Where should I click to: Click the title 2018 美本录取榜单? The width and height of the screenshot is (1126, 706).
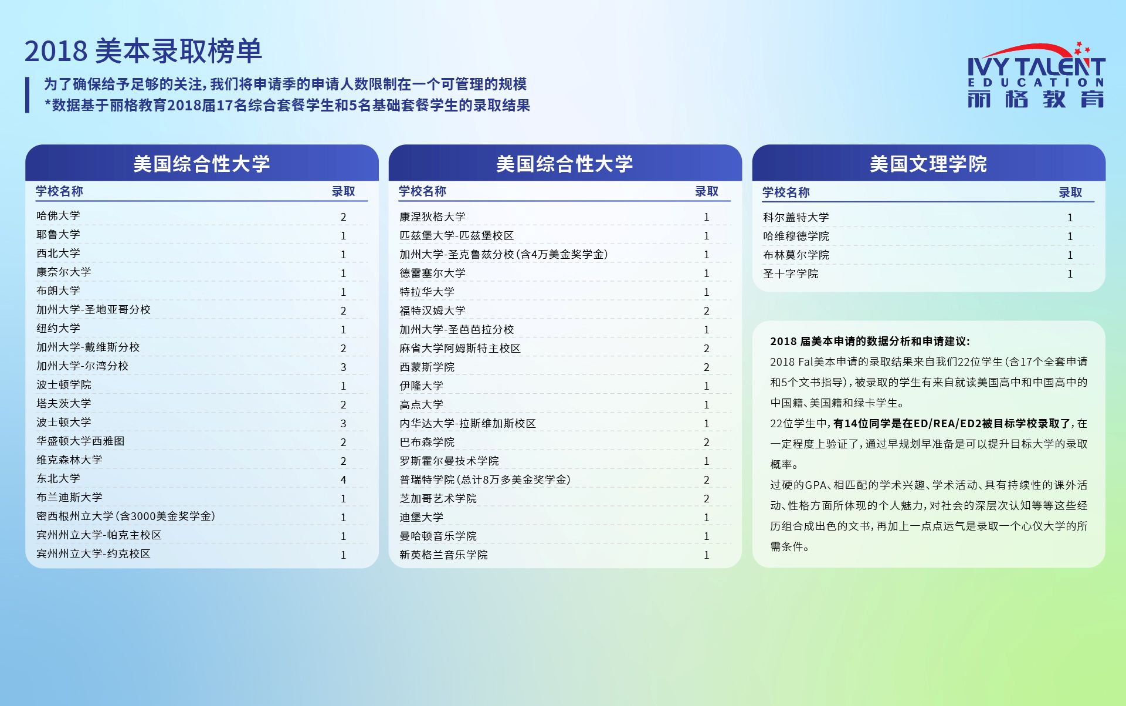[x=143, y=51]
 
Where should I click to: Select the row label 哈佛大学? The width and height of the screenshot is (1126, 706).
[x=58, y=215]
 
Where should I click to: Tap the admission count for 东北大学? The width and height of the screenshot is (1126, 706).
[x=344, y=479]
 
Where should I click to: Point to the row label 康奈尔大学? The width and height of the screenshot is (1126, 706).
[x=64, y=272]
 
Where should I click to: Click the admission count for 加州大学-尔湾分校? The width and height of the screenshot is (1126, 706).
[x=344, y=367]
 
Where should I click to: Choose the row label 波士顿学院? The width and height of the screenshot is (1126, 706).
[x=64, y=384]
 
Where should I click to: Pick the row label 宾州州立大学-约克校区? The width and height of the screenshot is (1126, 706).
[x=93, y=553]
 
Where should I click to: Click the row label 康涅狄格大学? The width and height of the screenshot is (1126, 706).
[x=432, y=217]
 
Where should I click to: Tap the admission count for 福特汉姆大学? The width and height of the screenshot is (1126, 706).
[x=707, y=310]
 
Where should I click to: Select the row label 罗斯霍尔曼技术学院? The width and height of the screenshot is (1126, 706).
[x=449, y=461]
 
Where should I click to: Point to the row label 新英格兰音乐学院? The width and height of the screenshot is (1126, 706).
[x=443, y=555]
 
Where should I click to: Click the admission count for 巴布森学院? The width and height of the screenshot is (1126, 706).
[x=707, y=442]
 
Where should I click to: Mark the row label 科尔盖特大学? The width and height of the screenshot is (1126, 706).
[x=796, y=217]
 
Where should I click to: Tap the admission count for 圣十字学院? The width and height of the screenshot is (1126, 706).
[x=1070, y=273]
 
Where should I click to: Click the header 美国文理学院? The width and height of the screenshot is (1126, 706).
[x=928, y=163]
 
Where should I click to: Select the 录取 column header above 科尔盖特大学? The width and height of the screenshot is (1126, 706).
[x=1070, y=192]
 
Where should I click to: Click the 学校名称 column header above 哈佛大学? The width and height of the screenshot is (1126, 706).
[x=59, y=191]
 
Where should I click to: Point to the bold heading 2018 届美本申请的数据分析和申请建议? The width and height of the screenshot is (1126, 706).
[x=870, y=341]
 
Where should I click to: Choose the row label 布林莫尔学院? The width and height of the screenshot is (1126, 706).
[x=796, y=255]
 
